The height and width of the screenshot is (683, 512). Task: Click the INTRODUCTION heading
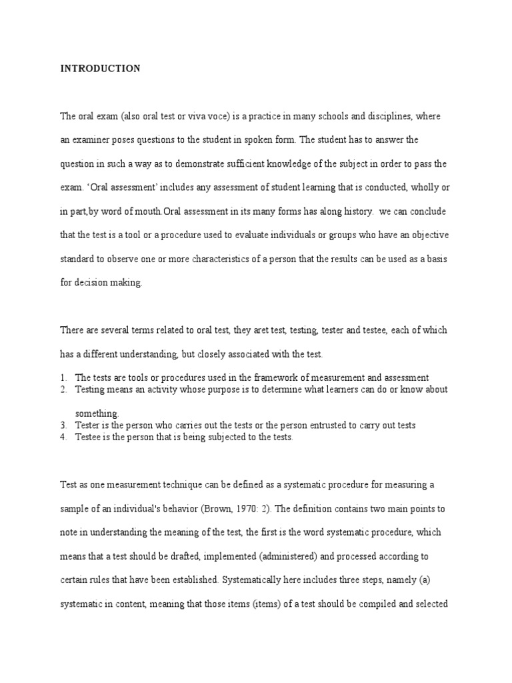point(101,69)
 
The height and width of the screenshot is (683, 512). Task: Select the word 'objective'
point(428,235)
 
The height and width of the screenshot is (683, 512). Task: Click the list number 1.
point(62,378)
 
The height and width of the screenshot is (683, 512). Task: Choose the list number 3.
point(62,426)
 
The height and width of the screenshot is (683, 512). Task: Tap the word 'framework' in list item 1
point(281,378)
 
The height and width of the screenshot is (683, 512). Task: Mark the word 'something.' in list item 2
point(97,414)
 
